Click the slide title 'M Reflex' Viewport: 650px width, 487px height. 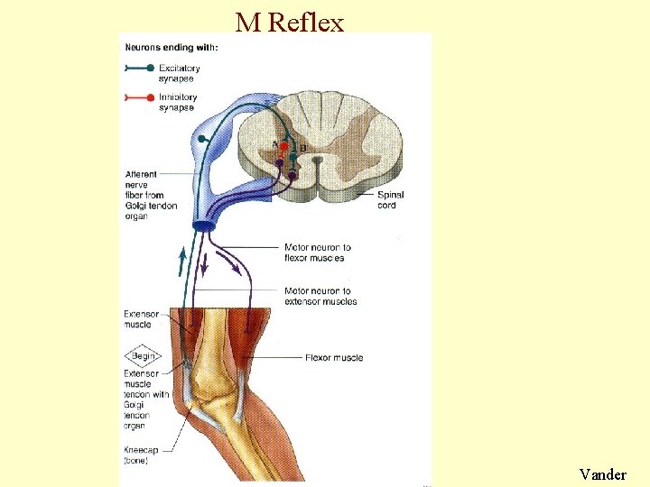coord(290,22)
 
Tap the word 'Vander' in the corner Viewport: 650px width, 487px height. coord(603,473)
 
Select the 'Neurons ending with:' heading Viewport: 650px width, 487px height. coord(171,47)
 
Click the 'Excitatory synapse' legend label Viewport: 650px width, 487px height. coord(179,73)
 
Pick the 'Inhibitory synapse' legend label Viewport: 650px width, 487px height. coord(179,102)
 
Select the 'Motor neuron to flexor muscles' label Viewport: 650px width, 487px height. coord(317,253)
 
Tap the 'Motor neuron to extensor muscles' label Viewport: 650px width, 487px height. coord(320,296)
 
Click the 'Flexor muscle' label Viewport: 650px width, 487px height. coord(334,358)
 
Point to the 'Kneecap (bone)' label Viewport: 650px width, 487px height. coord(141,455)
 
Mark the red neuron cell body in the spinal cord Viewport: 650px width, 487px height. coord(283,146)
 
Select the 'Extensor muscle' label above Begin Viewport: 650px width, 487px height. coord(141,319)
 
